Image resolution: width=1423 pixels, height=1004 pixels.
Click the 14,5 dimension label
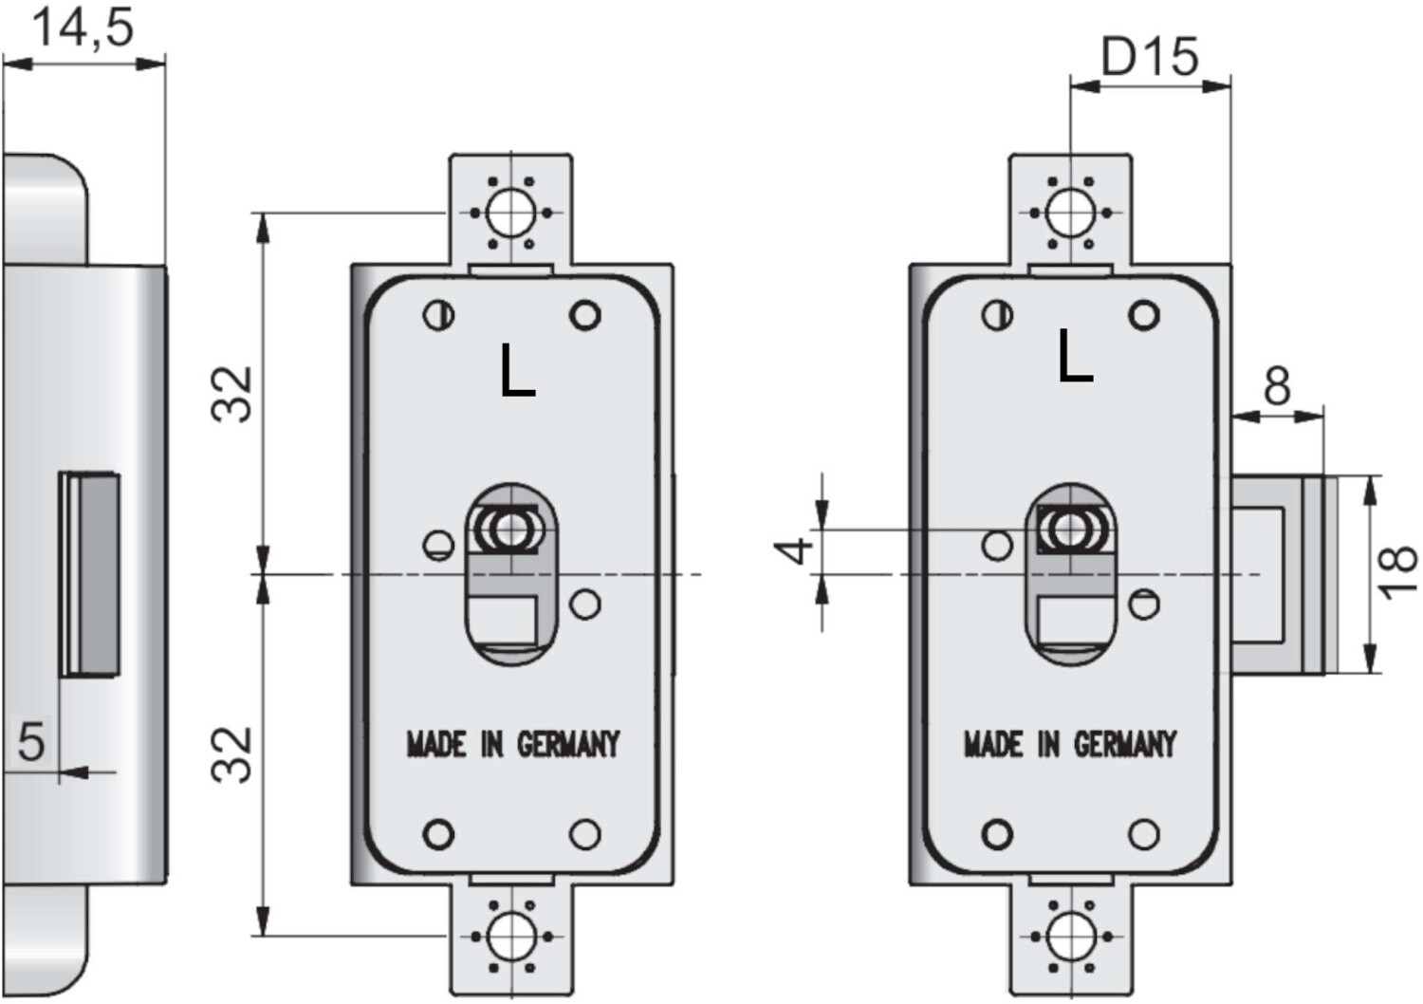pos(83,29)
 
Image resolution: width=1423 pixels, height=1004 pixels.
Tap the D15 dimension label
pos(1150,57)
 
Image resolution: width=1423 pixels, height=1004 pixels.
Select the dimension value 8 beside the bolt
pos(1277,385)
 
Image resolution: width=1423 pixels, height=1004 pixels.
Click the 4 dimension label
pos(794,550)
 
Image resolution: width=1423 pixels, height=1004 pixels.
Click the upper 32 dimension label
pos(232,394)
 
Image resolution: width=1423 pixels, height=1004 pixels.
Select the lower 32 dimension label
pos(232,755)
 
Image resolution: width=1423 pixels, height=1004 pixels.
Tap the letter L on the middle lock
pos(517,370)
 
